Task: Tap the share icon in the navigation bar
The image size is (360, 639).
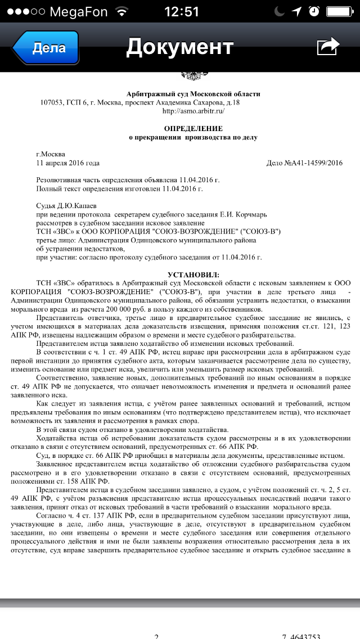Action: point(328,47)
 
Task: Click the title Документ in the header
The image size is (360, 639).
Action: point(179,47)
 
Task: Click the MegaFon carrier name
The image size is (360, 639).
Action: point(78,11)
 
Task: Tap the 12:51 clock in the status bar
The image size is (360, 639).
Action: point(182,11)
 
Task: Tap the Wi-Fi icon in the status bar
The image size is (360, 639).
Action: point(120,11)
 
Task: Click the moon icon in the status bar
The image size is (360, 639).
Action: point(280,11)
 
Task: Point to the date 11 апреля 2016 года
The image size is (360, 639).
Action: point(68,163)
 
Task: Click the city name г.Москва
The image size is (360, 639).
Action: point(51,154)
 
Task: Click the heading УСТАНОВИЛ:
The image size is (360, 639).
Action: point(193,274)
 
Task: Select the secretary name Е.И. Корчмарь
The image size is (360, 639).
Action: point(238,215)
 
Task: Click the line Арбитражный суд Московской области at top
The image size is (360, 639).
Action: point(193,94)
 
